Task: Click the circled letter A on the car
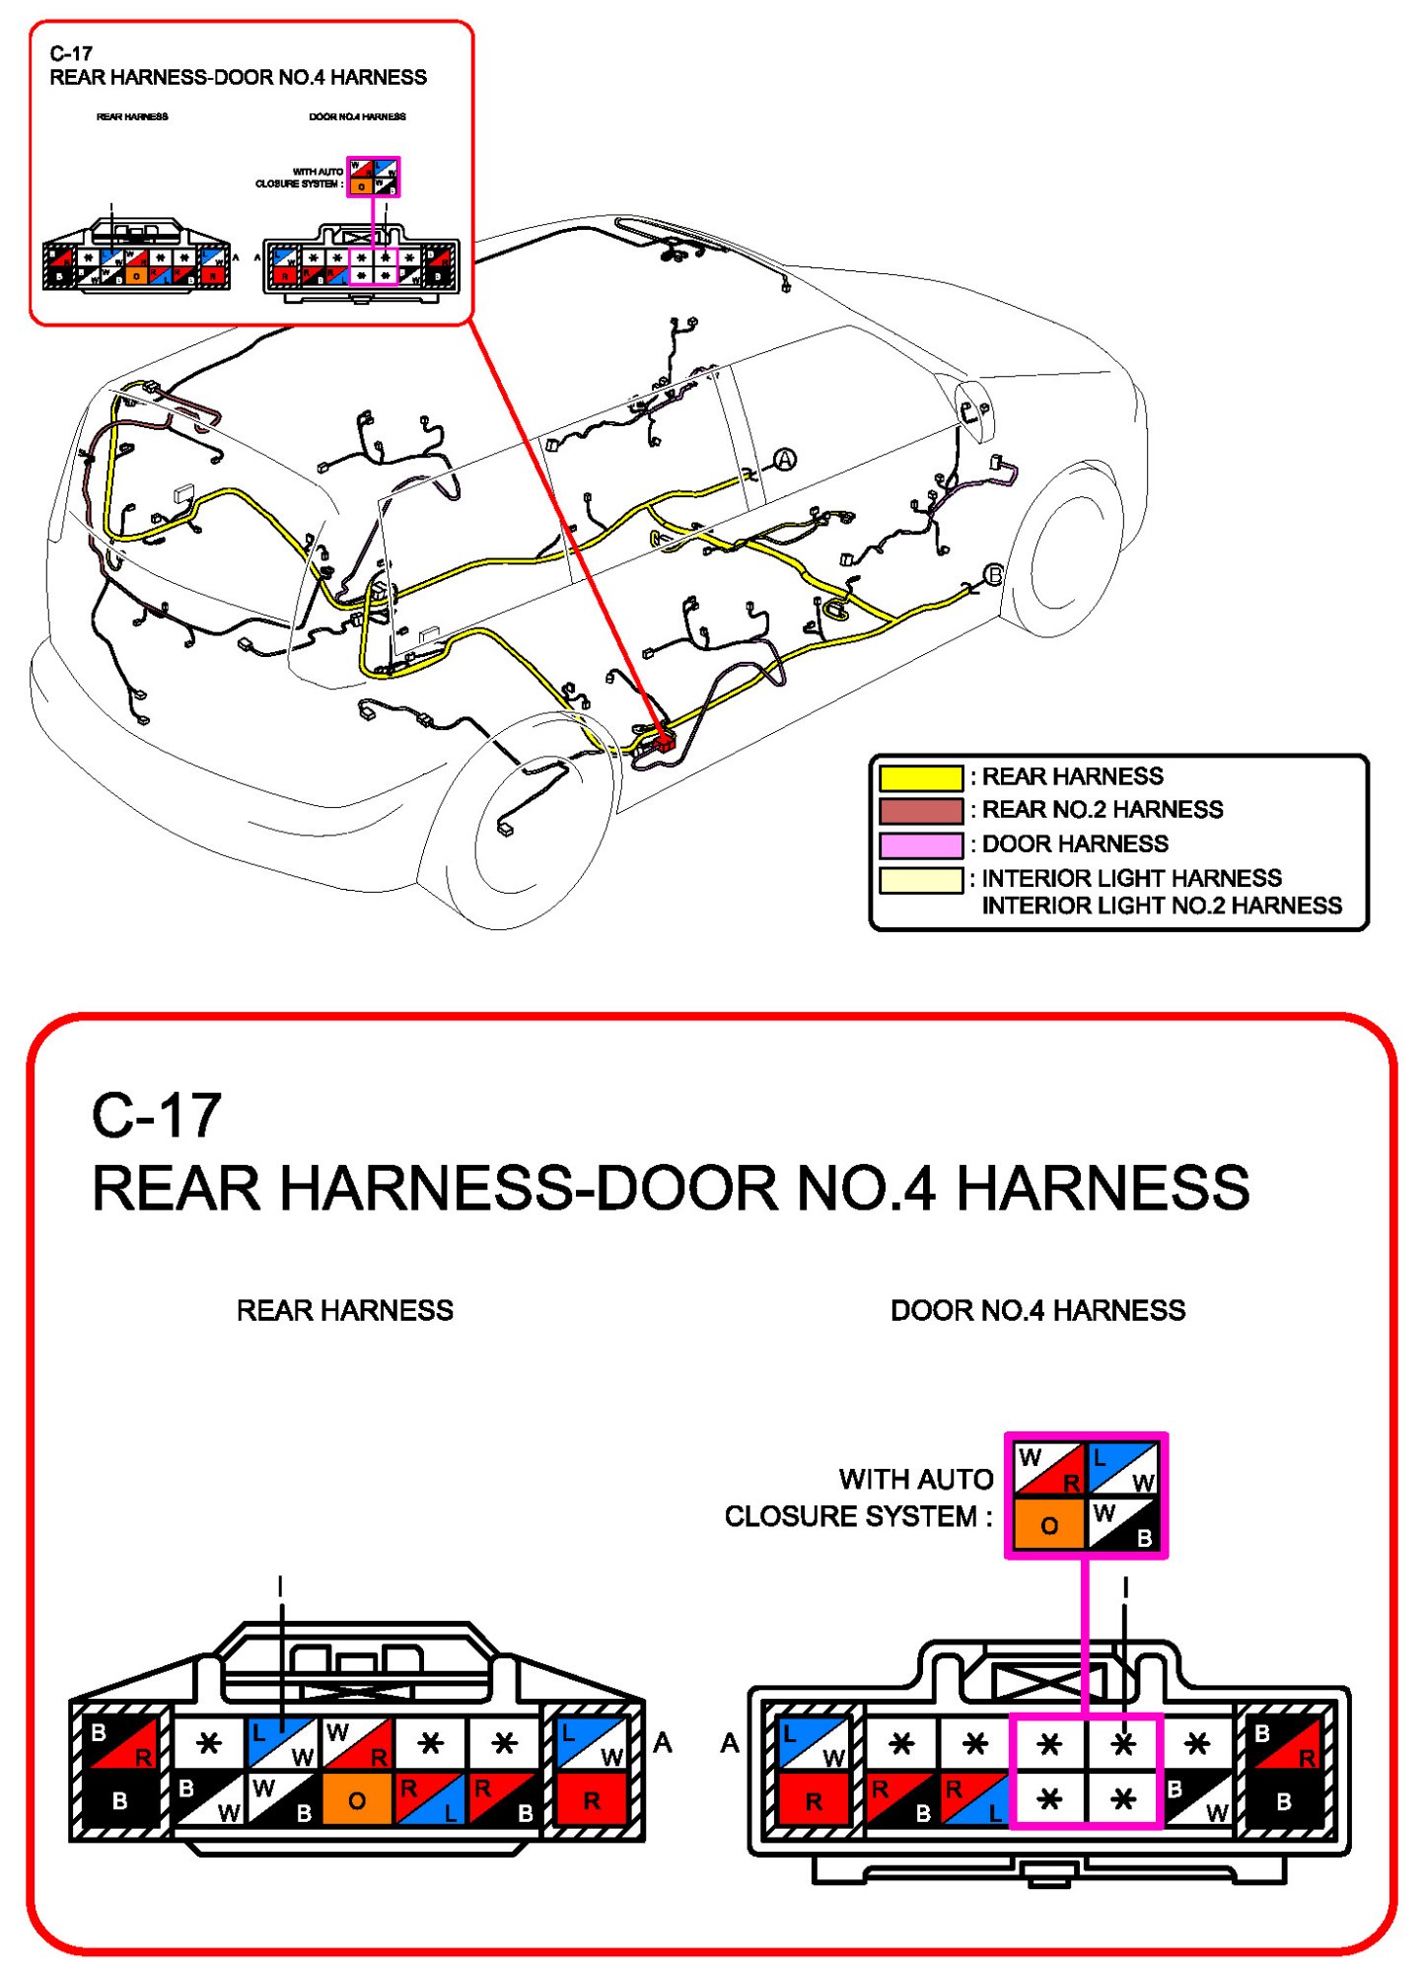tap(784, 459)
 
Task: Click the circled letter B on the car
tap(994, 574)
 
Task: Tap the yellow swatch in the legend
tap(920, 777)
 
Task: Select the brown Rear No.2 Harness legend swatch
tap(920, 811)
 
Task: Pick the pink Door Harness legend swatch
tap(920, 845)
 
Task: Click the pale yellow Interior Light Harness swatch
tap(920, 879)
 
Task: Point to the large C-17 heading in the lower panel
tap(157, 1116)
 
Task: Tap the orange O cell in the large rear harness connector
tap(356, 1799)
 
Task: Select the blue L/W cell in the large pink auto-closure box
tap(1123, 1469)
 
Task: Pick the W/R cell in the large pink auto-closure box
tap(1049, 1469)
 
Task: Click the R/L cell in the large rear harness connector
tap(430, 1799)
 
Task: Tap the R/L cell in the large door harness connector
tap(974, 1799)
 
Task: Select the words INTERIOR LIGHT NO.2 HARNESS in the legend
tap(1162, 906)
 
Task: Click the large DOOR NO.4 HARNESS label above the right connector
tap(1037, 1310)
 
